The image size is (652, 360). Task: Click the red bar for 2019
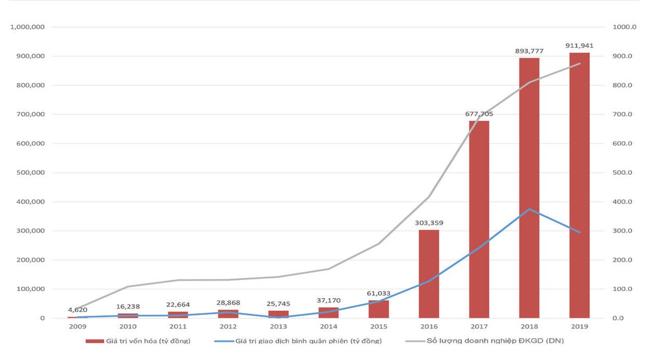point(579,185)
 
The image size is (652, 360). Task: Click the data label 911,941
point(579,46)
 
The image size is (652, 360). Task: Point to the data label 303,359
point(429,223)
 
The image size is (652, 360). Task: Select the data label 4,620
point(78,310)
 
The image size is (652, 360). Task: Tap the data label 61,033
point(379,293)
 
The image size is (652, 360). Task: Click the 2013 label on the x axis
point(278,327)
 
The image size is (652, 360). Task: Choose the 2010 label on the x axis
point(128,327)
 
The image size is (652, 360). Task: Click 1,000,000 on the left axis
point(28,27)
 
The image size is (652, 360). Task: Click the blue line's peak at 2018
point(529,209)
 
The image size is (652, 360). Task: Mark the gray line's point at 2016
point(429,197)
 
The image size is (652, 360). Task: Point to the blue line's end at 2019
point(579,232)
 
